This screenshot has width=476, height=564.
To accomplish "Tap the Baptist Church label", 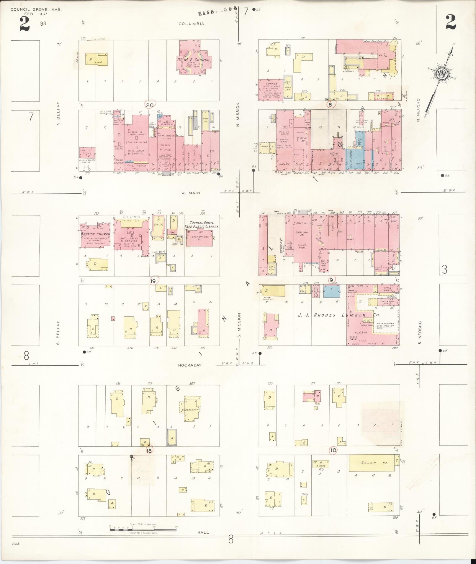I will pos(95,234).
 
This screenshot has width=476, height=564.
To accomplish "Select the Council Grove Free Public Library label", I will pos(202,225).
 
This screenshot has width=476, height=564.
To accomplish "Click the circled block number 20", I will pos(150,105).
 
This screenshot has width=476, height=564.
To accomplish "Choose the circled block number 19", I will pos(153,281).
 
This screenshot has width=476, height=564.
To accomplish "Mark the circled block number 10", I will pos(333,458).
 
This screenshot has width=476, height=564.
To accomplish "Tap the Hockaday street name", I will pos(190,365).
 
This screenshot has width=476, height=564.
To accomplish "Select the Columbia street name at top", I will pos(191,24).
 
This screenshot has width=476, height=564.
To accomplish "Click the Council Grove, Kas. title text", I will pos(36,10).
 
